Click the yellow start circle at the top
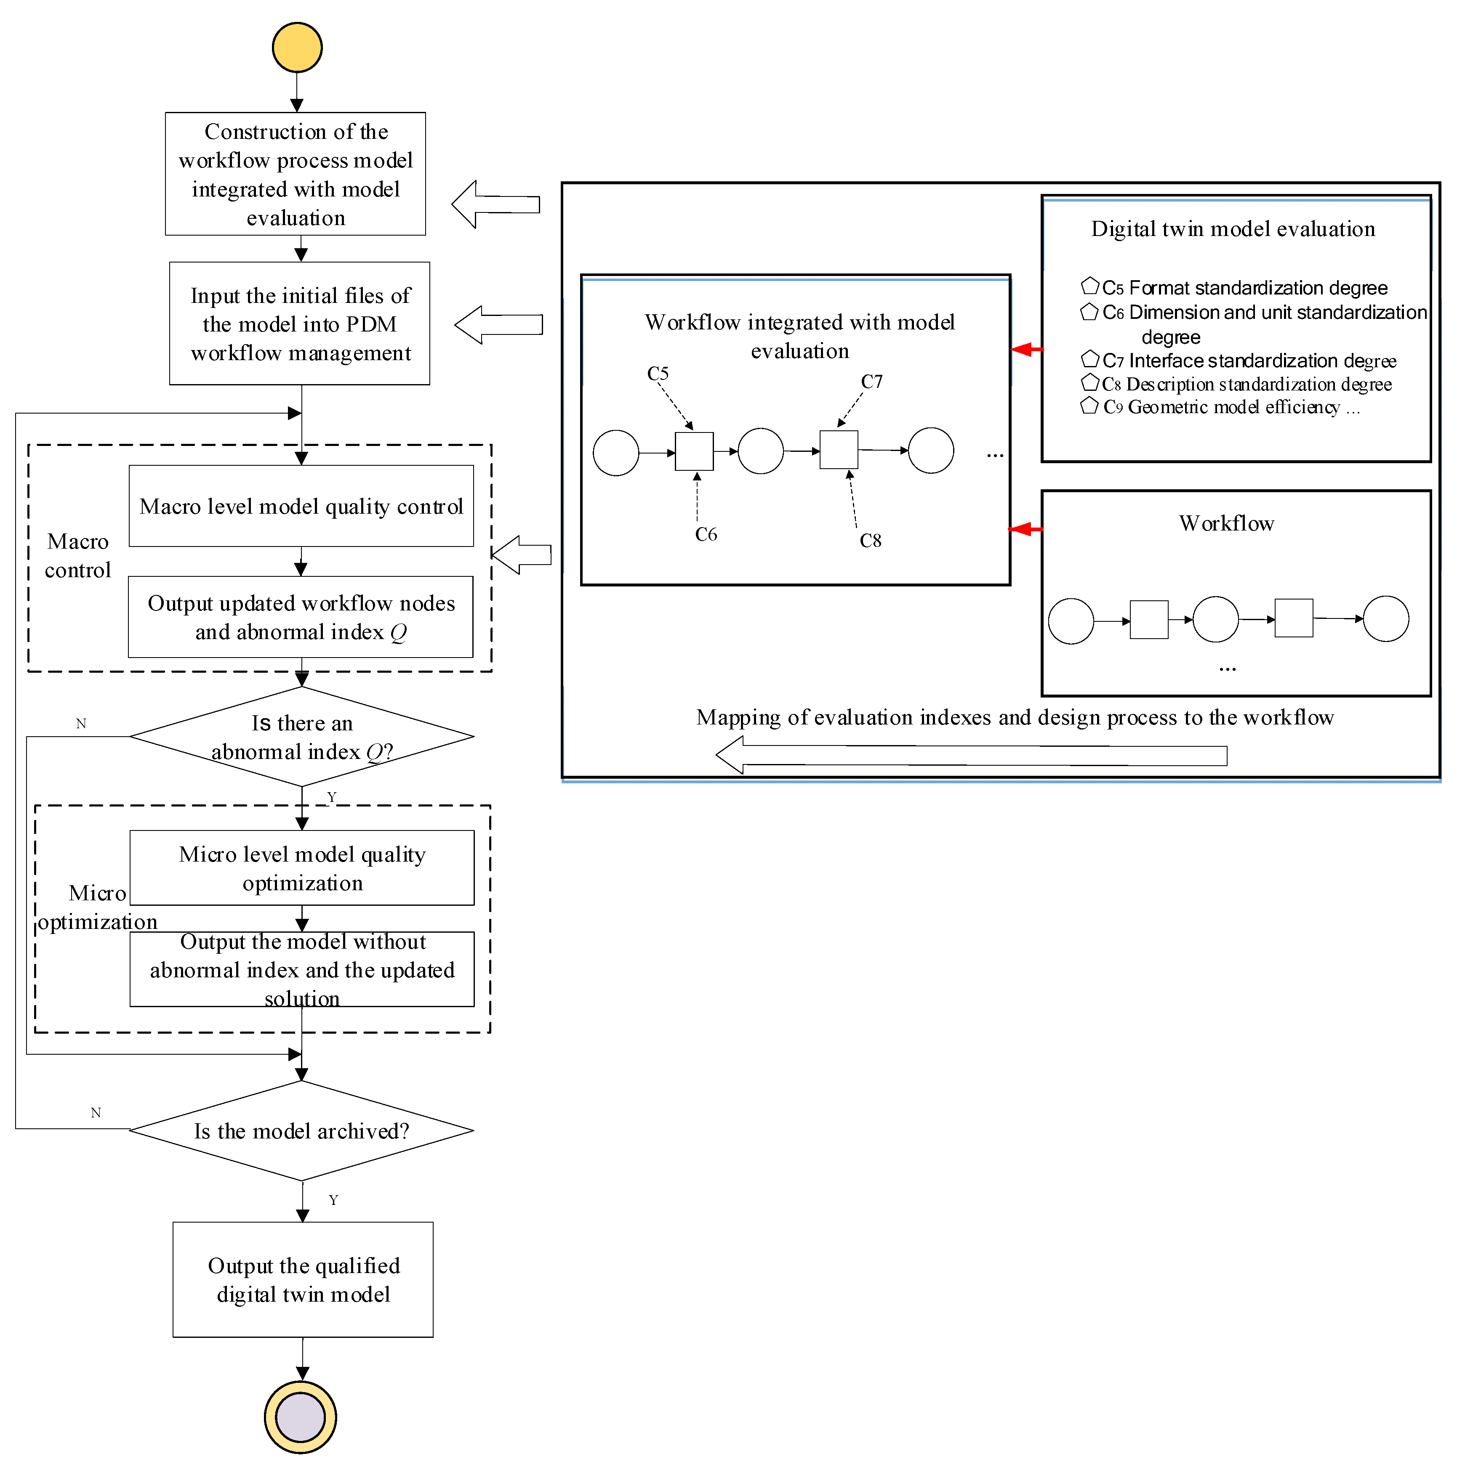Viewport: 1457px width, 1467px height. click(x=297, y=47)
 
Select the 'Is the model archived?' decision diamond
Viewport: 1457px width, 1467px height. click(x=301, y=1130)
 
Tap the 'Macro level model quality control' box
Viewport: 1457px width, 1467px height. click(x=301, y=506)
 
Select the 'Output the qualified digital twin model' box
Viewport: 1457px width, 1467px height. click(x=303, y=1279)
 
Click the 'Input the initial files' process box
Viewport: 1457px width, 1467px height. click(x=300, y=324)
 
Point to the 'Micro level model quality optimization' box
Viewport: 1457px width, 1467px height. click(x=302, y=868)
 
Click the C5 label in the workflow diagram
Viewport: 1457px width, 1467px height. click(x=658, y=374)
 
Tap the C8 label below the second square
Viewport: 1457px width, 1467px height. click(x=871, y=541)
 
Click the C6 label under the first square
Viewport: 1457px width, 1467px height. click(x=706, y=535)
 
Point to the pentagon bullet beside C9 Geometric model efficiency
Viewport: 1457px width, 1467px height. click(x=1089, y=406)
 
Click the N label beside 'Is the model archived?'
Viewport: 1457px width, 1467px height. click(x=96, y=1112)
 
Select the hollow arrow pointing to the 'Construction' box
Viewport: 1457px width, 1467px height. click(x=495, y=204)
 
